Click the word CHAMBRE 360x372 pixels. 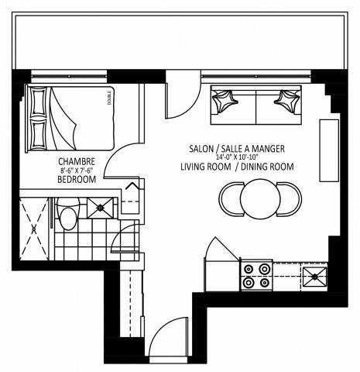[75, 161]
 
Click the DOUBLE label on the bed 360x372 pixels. [108, 99]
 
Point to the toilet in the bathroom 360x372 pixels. [67, 214]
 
